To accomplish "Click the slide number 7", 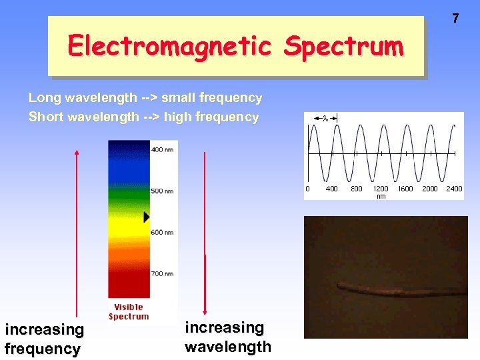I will pos(455,19).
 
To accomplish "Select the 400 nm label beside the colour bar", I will pos(162,150).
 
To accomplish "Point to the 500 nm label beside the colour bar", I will pos(162,191).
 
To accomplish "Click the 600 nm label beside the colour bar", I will pos(162,232).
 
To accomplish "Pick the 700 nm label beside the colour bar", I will pos(162,273).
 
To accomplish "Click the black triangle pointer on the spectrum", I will pos(147,217).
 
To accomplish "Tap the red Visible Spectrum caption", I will pos(129,312).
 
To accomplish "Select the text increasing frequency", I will pos(44,339).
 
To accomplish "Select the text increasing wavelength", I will pos(227,337).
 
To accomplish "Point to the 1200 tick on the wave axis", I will pos(381,189).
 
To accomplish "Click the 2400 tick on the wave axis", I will pos(454,189).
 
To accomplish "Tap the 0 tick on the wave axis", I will pos(307,189).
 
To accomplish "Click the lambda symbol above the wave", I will pos(325,118).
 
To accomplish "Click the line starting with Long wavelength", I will pos(145,98).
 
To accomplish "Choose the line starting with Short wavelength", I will pos(143,117).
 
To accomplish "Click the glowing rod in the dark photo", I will pos(400,288).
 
